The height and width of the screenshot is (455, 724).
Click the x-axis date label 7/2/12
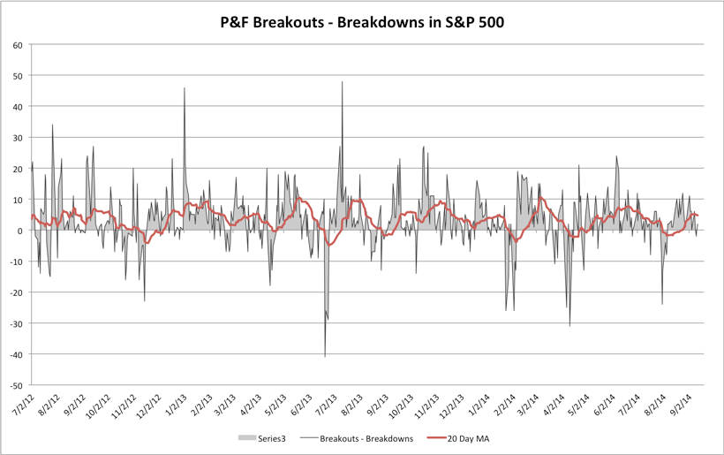(x=19, y=406)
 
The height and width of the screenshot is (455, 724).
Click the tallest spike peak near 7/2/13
(x=343, y=82)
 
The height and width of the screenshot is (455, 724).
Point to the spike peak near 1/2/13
(x=185, y=88)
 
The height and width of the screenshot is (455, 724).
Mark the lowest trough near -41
(x=325, y=356)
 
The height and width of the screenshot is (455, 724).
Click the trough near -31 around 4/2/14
(x=569, y=325)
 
